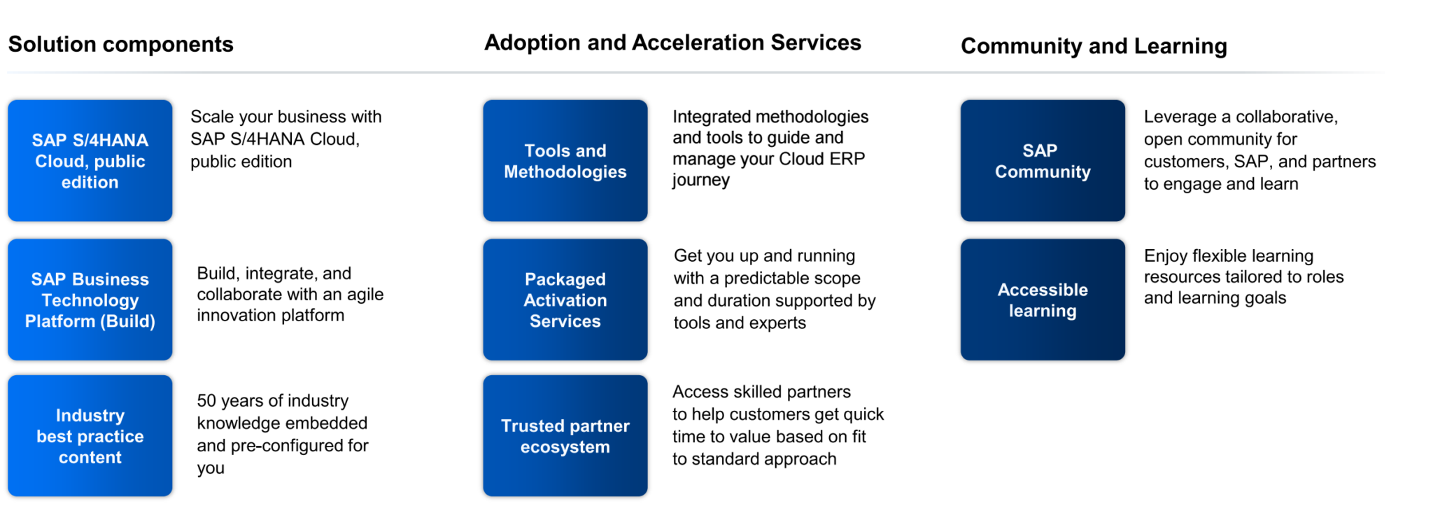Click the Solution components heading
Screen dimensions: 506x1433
click(120, 44)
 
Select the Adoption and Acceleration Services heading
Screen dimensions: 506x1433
click(672, 43)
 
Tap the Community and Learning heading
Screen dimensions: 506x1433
click(1093, 46)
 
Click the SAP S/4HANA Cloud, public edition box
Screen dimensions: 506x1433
click(90, 161)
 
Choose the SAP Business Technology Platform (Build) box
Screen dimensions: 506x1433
click(90, 300)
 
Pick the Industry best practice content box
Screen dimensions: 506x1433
click(90, 436)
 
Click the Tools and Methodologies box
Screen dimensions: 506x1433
click(565, 161)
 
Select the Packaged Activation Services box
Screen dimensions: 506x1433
click(565, 300)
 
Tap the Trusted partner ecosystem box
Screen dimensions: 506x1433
click(565, 436)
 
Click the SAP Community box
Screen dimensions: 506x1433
click(1042, 161)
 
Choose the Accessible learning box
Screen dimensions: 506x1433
click(1042, 300)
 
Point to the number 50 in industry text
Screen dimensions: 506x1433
click(206, 401)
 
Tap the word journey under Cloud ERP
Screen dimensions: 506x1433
click(701, 181)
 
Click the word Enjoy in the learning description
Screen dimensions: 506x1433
click(1165, 256)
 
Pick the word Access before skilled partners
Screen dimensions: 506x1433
click(700, 392)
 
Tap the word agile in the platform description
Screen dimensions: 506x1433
click(365, 295)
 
